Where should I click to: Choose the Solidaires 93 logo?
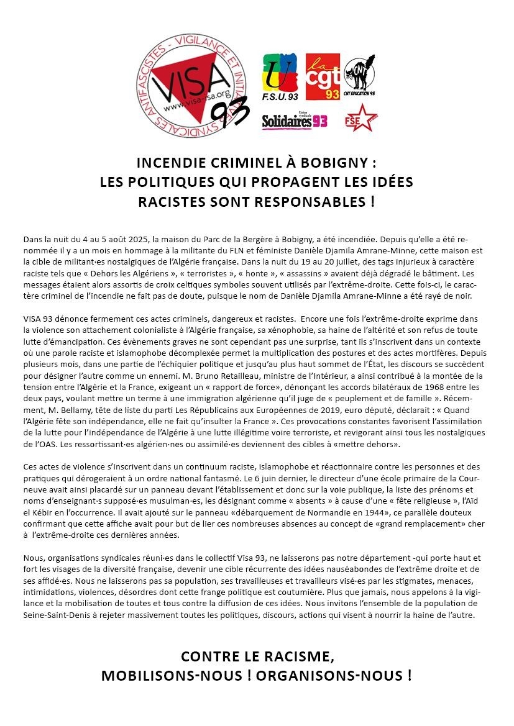(295, 121)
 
